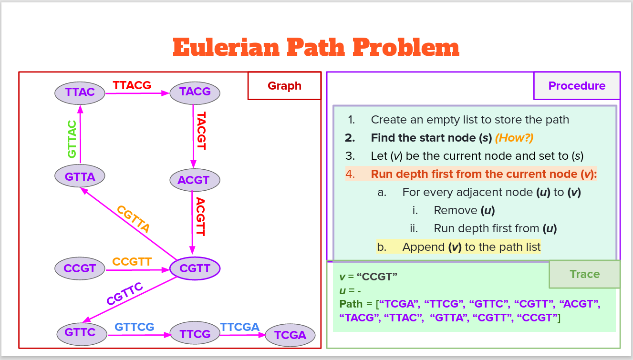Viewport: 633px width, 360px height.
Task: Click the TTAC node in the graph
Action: (80, 93)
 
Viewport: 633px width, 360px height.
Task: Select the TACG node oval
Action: (195, 92)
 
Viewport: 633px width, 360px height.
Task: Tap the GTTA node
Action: (80, 177)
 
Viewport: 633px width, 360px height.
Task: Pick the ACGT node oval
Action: (195, 180)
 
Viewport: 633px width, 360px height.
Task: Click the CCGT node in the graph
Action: (80, 268)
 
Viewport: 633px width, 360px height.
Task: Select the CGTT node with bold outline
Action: (195, 268)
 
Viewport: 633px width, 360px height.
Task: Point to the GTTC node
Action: (80, 332)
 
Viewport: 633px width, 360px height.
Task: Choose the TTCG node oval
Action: (195, 334)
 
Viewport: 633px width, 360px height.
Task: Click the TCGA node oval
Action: (290, 335)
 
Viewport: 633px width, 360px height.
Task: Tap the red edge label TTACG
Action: (132, 85)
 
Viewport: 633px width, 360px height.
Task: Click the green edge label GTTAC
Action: (72, 139)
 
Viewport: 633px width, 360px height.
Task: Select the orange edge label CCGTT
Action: (132, 262)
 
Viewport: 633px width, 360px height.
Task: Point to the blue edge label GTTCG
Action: (135, 327)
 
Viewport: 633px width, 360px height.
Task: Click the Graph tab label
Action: (284, 86)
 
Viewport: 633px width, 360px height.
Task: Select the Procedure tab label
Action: (577, 86)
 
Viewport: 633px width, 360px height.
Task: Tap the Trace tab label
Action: (584, 274)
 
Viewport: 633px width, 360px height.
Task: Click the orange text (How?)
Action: (514, 138)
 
